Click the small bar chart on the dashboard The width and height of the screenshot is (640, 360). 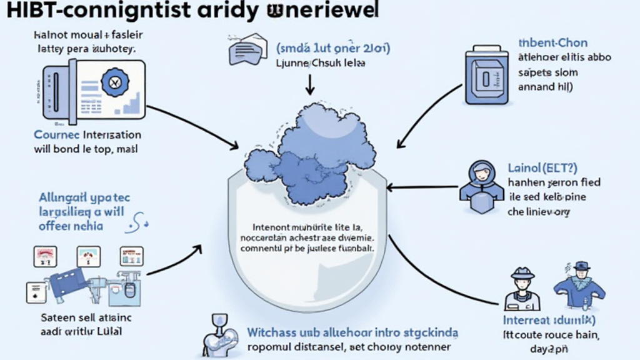pos(131,103)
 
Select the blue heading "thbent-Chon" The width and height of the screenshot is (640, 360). pos(552,43)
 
